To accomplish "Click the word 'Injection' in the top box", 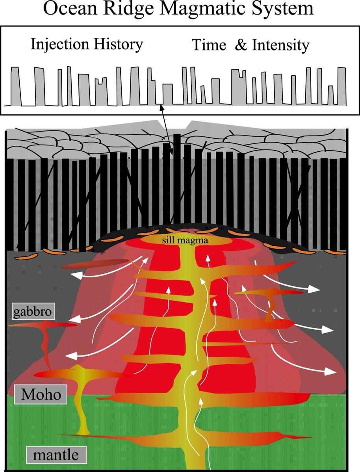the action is [60, 45].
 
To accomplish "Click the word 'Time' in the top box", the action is [209, 45].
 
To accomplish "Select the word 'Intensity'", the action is [280, 45].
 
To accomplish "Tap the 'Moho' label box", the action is [41, 394].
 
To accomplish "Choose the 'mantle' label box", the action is [56, 455].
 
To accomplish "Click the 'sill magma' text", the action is [185, 240].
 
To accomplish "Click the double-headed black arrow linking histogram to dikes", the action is [167, 130].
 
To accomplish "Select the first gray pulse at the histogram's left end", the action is [16, 86].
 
